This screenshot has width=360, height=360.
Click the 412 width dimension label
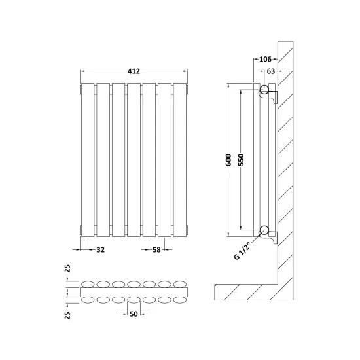point(134,71)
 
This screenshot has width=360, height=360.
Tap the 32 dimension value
point(100,250)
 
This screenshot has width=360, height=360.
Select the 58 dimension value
point(156,250)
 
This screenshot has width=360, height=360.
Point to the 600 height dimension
point(228,160)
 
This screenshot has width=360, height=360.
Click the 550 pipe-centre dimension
point(241,160)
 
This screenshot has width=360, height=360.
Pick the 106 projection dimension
point(265,59)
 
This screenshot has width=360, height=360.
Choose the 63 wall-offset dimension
point(271,71)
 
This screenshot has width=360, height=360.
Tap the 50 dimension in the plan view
point(134,314)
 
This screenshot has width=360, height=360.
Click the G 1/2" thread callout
point(242,252)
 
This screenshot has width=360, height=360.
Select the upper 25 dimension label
point(67,268)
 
